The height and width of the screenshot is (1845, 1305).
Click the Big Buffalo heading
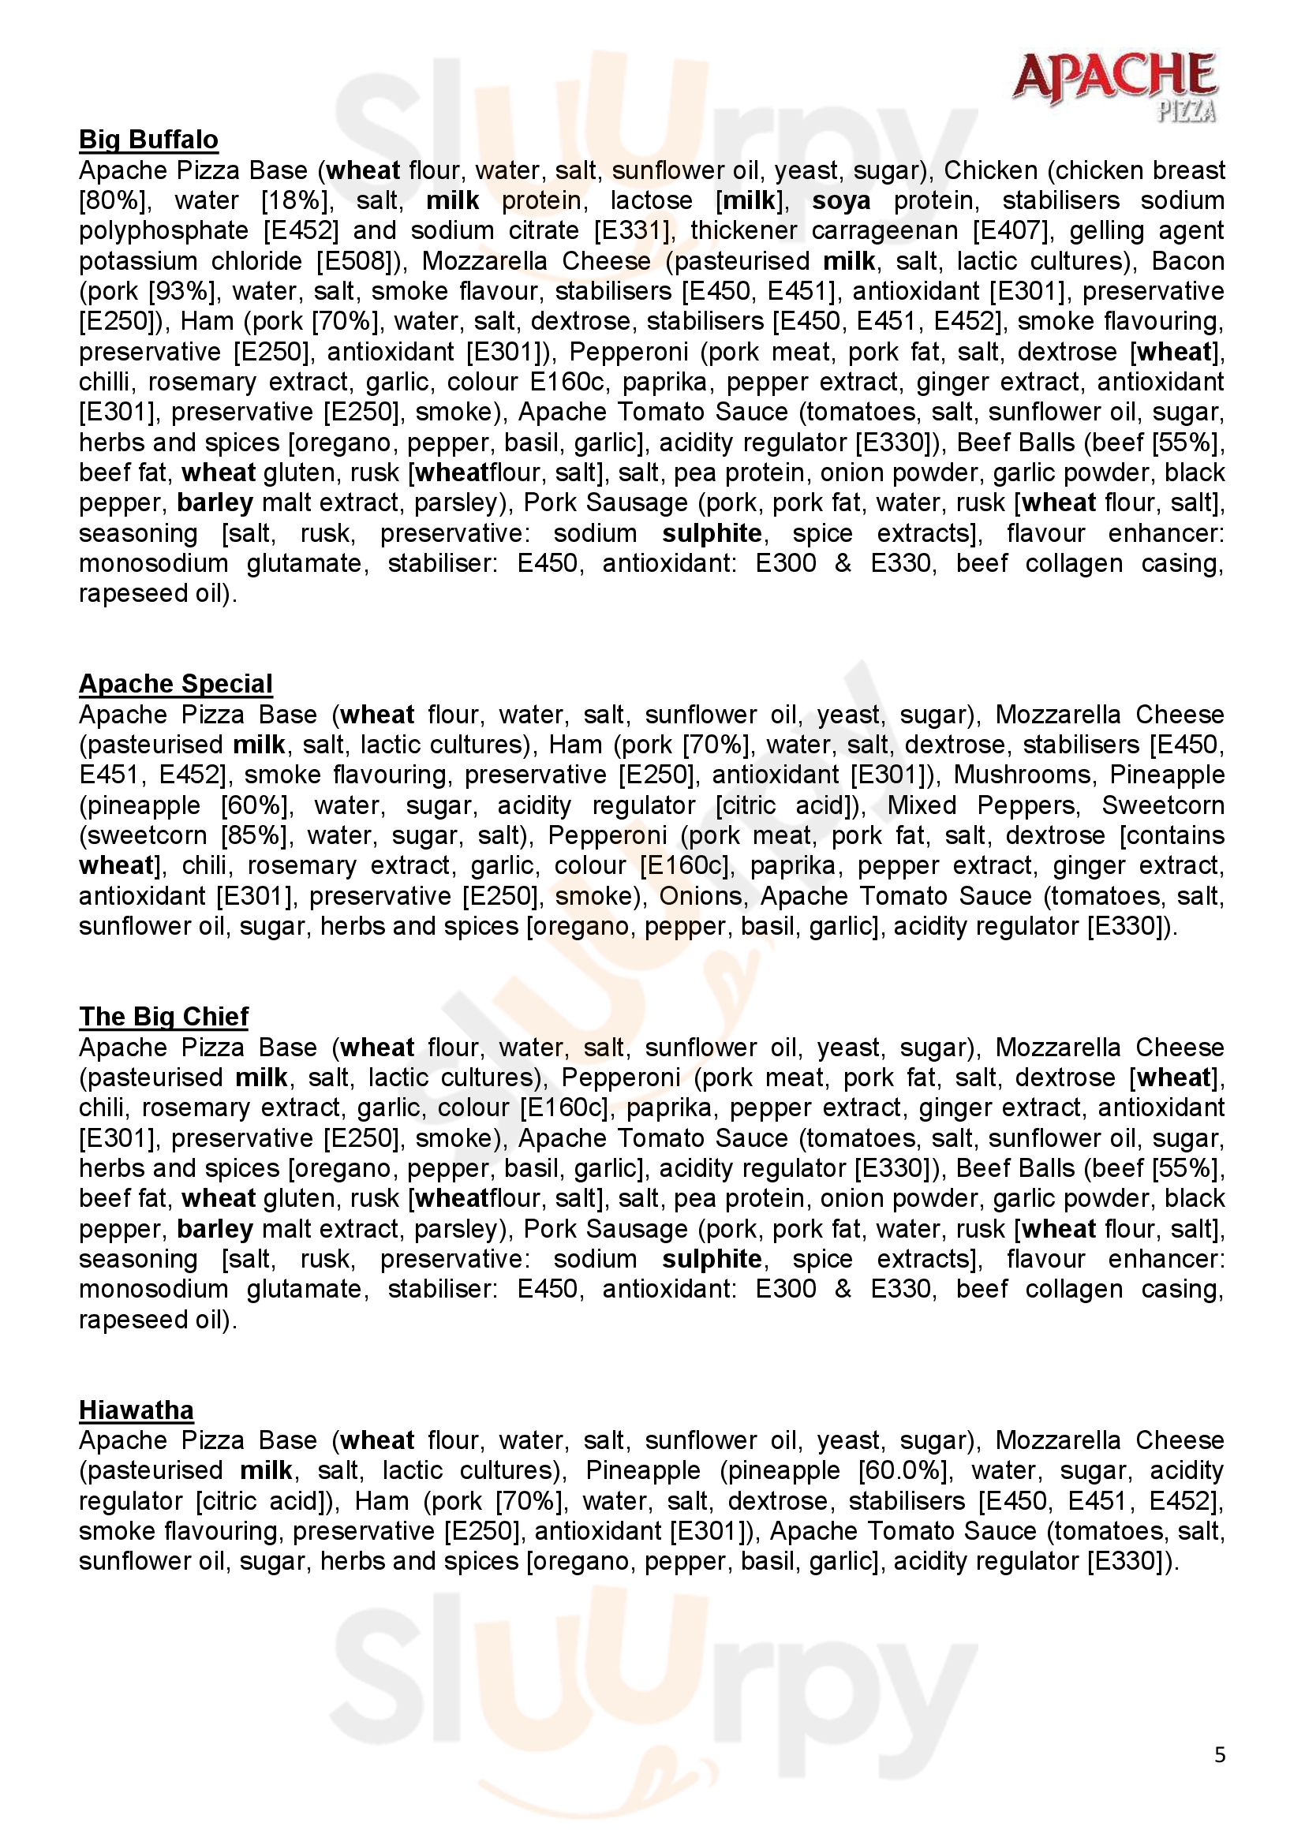tap(148, 140)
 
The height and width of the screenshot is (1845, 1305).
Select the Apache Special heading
tap(176, 684)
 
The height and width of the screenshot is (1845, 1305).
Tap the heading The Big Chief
tap(164, 1017)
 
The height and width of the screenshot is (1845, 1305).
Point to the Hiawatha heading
tap(136, 1410)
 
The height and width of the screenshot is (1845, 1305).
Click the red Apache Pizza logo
tap(1115, 85)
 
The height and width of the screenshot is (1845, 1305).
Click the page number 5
tap(1220, 1755)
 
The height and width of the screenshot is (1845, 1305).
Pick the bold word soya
tap(840, 201)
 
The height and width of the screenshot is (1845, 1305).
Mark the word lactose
tap(651, 201)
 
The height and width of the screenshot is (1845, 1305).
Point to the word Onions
tap(701, 896)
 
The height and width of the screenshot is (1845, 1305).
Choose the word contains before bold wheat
tap(1172, 835)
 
